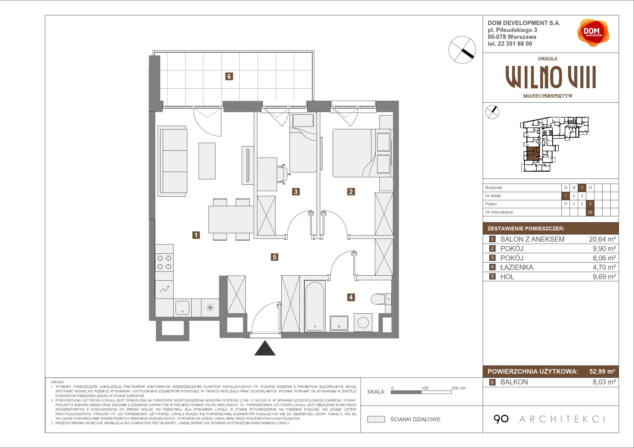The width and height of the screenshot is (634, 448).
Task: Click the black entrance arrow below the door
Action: click(265, 348)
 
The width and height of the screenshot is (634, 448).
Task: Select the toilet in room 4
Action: click(381, 299)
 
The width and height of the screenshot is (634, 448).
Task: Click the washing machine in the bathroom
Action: click(363, 322)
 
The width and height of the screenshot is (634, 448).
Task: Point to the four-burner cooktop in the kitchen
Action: click(164, 263)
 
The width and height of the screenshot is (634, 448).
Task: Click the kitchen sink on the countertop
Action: click(182, 308)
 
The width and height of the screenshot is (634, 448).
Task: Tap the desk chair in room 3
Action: click(284, 174)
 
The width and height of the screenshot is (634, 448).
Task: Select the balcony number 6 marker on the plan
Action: click(229, 76)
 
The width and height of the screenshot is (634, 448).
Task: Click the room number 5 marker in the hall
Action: click(274, 257)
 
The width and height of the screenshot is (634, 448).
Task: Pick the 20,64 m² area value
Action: click(602, 239)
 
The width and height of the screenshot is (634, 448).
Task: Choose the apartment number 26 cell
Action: click(590, 212)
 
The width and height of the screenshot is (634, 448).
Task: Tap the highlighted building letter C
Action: click(582, 188)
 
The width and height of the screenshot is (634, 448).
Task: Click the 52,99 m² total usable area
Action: click(602, 372)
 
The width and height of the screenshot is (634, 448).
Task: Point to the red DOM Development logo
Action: click(593, 33)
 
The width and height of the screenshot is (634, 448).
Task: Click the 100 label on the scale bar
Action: click(425, 388)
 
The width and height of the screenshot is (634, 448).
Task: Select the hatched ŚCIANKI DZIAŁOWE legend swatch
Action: click(376, 419)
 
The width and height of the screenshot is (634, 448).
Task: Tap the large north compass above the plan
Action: click(462, 50)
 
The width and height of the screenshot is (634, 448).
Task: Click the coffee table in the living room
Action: click(207, 161)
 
